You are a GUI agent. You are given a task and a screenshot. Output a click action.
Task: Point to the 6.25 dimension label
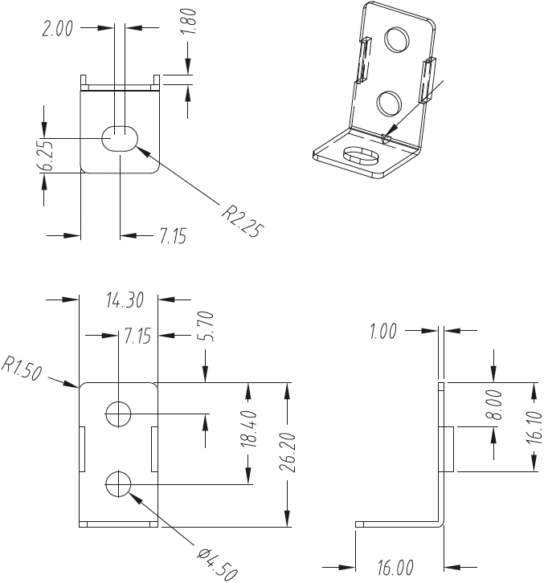(x=48, y=156)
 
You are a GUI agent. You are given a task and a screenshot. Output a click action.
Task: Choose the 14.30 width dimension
(x=124, y=300)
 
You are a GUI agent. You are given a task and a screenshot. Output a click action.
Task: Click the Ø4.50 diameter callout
(x=218, y=561)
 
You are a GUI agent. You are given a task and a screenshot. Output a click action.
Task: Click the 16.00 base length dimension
(x=395, y=567)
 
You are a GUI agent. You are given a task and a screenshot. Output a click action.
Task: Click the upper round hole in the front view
(x=118, y=414)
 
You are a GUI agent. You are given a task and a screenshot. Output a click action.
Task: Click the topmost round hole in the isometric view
(x=397, y=39)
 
